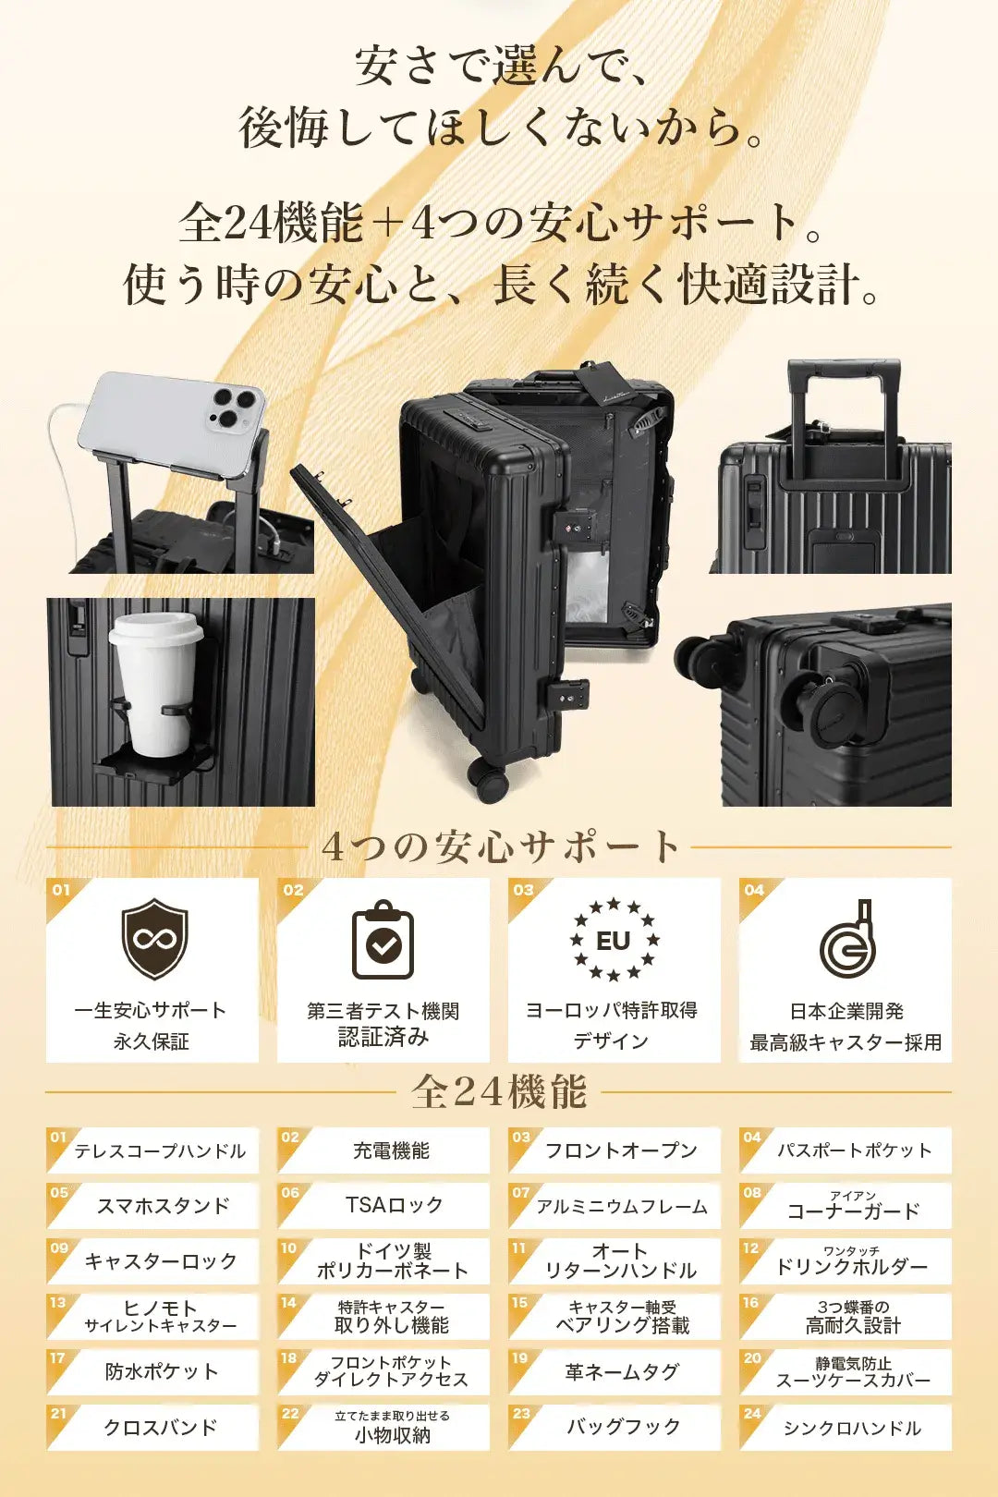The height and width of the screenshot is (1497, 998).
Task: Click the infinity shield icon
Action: pos(154,939)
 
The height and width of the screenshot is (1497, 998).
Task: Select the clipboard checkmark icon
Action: pos(383,939)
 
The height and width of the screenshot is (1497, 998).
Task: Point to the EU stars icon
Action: pos(615,940)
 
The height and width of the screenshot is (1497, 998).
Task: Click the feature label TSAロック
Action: pos(395,1205)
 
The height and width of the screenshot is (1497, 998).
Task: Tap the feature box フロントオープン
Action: pos(615,1150)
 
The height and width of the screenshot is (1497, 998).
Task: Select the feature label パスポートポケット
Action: pos(854,1150)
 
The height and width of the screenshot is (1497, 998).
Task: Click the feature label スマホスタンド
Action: pos(164,1206)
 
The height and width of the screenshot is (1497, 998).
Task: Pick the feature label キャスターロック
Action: pos(161,1261)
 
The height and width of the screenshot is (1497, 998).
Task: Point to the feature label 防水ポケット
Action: pos(162,1371)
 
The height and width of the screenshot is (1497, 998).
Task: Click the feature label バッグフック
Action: pos(624,1427)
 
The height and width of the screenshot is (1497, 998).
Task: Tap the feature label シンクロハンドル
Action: pos(852,1428)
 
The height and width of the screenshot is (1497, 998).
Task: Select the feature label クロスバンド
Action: pos(161,1427)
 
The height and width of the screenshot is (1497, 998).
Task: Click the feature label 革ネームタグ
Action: pos(622,1371)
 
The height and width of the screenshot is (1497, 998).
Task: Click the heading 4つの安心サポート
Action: pos(500,846)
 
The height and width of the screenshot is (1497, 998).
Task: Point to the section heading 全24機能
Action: pos(499,1091)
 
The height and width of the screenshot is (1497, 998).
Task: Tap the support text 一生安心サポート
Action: pos(151,1010)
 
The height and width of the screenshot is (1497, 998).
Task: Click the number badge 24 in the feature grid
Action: pos(752,1413)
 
